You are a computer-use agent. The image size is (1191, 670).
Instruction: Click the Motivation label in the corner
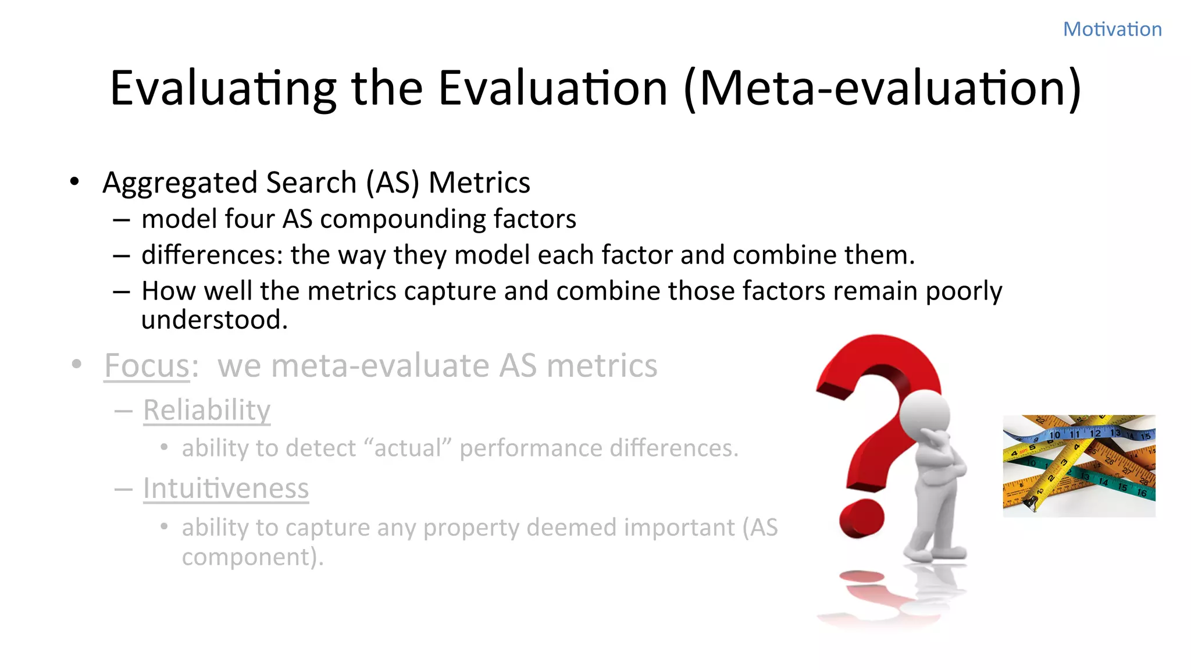pos(1112,29)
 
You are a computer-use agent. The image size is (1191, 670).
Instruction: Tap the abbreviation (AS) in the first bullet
pos(393,183)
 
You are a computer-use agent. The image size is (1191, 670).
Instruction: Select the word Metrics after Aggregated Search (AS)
pos(479,183)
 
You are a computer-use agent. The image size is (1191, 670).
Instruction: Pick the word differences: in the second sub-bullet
pos(212,255)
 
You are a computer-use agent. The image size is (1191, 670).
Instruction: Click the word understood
pos(214,320)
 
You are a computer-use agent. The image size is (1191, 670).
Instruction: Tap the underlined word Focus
pos(147,366)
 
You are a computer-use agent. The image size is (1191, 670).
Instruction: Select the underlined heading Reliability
pos(206,410)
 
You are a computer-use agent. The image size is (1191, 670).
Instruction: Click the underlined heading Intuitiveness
pos(226,488)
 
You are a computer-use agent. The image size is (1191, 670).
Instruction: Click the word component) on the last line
pos(252,557)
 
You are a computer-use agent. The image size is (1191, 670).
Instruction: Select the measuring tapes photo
pos(1079,465)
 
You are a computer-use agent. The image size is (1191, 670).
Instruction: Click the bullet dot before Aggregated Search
pos(74,182)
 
